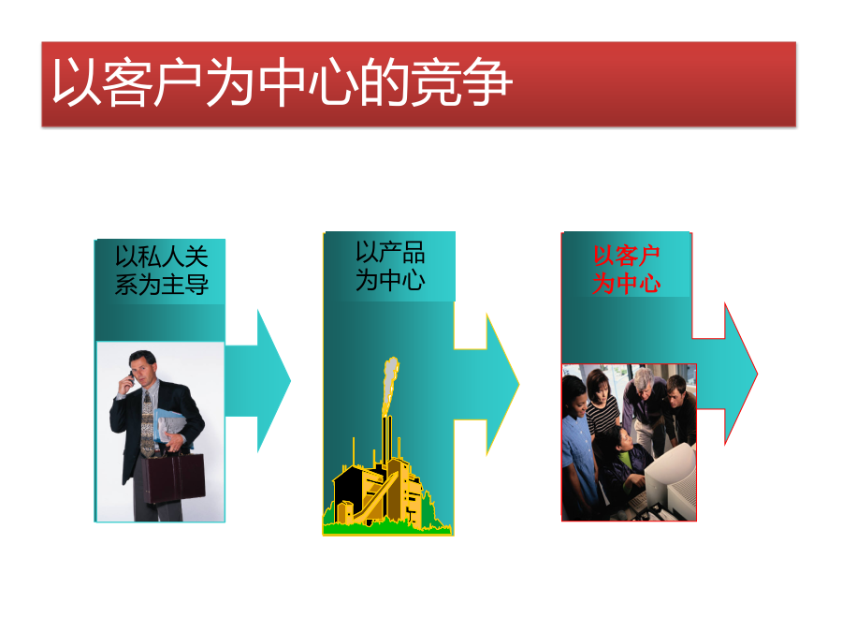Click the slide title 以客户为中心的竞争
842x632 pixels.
[282, 82]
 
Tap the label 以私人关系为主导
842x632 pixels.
[162, 271]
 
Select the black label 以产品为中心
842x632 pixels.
[390, 266]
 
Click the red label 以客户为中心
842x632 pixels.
[627, 270]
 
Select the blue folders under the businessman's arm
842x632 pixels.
[171, 427]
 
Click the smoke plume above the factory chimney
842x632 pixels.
[390, 384]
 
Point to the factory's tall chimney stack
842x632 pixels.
[387, 442]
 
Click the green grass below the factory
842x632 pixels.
[386, 527]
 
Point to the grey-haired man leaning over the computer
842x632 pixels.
[644, 407]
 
